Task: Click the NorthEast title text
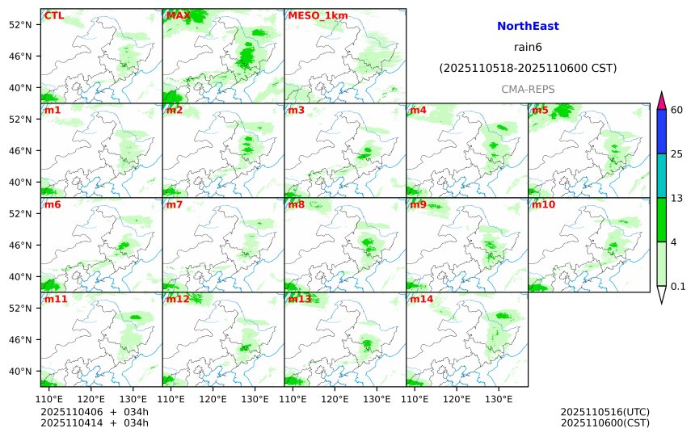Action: coord(528,27)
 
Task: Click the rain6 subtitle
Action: coord(528,48)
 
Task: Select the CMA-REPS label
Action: coord(528,89)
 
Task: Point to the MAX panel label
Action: coord(178,15)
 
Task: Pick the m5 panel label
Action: coord(540,110)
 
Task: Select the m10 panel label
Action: coord(543,204)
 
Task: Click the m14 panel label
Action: coord(421,299)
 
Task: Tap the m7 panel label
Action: coord(175,204)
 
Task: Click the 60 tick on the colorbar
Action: coord(677,110)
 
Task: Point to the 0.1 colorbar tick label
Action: coord(679,286)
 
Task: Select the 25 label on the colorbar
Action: coord(677,154)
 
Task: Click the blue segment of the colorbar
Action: coord(661,132)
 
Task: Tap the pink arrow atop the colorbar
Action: coord(661,101)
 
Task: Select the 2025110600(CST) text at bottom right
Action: coord(604,422)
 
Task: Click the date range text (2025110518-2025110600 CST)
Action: coord(528,69)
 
